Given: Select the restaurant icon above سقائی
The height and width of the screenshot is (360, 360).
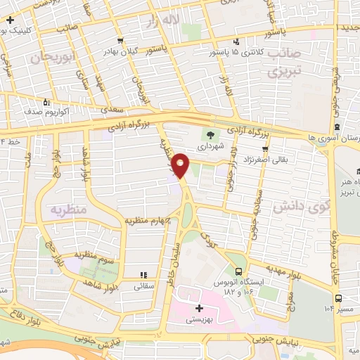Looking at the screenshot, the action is tap(143, 275).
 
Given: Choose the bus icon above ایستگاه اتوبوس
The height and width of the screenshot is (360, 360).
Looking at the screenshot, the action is tap(239, 271).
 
